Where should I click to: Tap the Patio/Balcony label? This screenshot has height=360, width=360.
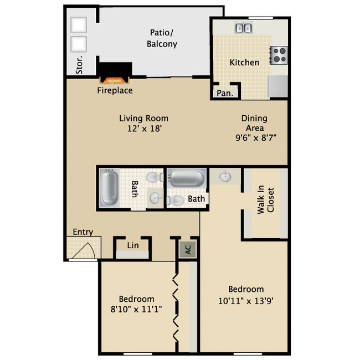[x=162, y=38]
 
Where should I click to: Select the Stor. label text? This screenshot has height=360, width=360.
[x=79, y=64]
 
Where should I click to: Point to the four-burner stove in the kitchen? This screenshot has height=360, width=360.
[x=279, y=54]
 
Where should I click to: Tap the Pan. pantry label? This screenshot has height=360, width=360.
[x=224, y=93]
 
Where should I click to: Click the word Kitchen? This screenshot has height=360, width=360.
[x=244, y=62]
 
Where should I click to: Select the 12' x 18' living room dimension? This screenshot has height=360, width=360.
[x=143, y=128]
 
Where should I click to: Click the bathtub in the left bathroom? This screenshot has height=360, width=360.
[x=109, y=188]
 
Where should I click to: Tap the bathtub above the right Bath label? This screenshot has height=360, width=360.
[x=187, y=179]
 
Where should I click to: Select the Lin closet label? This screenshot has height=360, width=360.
[x=132, y=245]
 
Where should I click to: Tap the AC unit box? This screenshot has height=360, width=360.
[x=188, y=250]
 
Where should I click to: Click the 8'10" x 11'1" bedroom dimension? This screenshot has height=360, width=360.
[x=135, y=309]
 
